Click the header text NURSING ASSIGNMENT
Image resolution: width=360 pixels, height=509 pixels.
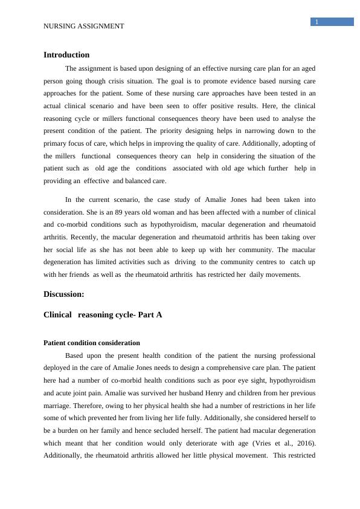pos(84,26)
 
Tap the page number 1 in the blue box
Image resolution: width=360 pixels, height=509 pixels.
pos(316,22)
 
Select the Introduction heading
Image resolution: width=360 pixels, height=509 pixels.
pos(66,55)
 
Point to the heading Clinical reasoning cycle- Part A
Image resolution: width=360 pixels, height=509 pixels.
pos(103,314)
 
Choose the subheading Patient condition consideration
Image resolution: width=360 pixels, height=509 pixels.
pos(92,343)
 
